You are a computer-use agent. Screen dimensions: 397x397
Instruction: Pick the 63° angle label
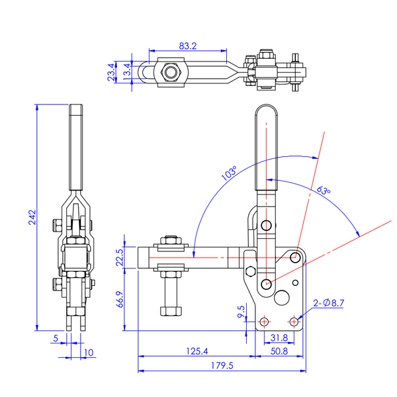[x=323, y=191]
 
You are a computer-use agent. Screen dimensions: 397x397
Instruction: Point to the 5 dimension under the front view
[x=56, y=338]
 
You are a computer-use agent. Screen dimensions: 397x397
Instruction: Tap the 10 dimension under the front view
[x=89, y=353]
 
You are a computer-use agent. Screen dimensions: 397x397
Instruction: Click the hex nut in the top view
[x=171, y=71]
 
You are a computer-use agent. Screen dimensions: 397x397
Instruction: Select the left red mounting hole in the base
[x=264, y=321]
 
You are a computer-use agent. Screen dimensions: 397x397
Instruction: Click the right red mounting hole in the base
[x=294, y=321]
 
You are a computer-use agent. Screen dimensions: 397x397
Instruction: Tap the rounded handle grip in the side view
[x=267, y=142]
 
